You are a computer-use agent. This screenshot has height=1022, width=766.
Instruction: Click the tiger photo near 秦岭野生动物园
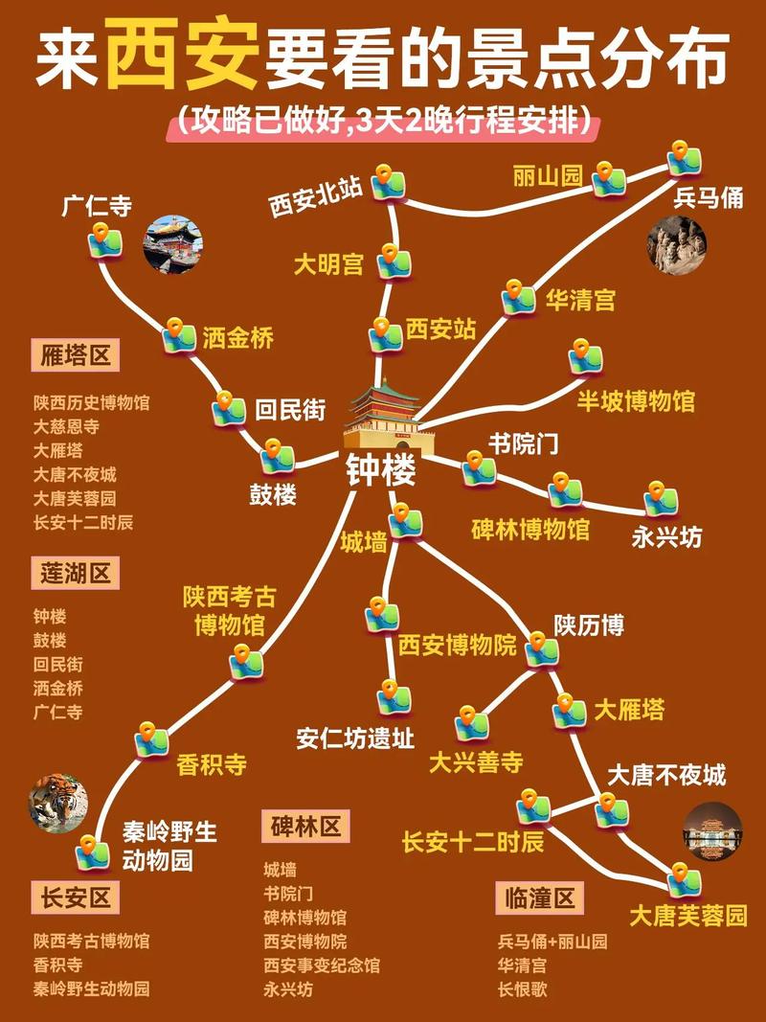[58, 803]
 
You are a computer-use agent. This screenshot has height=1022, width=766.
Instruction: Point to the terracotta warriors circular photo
[676, 243]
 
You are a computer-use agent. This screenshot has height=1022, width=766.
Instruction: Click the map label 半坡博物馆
[635, 400]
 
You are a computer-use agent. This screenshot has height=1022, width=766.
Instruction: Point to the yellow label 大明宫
[328, 264]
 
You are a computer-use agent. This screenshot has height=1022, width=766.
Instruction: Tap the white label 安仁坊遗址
[355, 738]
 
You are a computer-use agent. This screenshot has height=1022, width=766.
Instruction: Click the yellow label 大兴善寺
[476, 762]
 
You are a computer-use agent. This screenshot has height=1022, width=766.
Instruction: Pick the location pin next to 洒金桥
[178, 335]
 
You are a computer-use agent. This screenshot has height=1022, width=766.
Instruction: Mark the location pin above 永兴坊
[661, 499]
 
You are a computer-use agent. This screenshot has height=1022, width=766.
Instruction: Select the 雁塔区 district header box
[75, 356]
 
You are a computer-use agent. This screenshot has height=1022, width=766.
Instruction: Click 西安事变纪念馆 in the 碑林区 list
[322, 965]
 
